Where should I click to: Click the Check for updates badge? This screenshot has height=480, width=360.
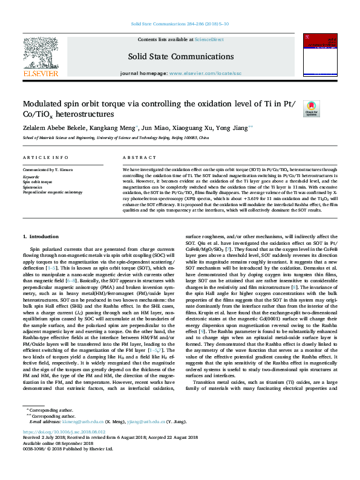click(x=311, y=109)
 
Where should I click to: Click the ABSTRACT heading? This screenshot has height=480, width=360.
click(x=136, y=157)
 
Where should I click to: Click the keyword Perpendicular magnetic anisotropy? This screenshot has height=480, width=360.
click(x=52, y=192)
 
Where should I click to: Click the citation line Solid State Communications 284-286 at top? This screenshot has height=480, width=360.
click(x=179, y=25)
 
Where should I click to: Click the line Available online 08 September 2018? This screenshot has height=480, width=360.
click(x=57, y=443)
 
